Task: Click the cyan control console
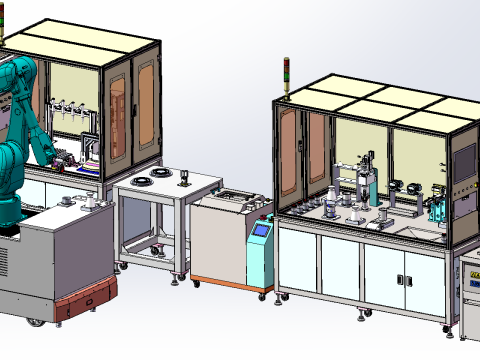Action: tap(261, 252)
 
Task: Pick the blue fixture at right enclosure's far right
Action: tap(437, 210)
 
